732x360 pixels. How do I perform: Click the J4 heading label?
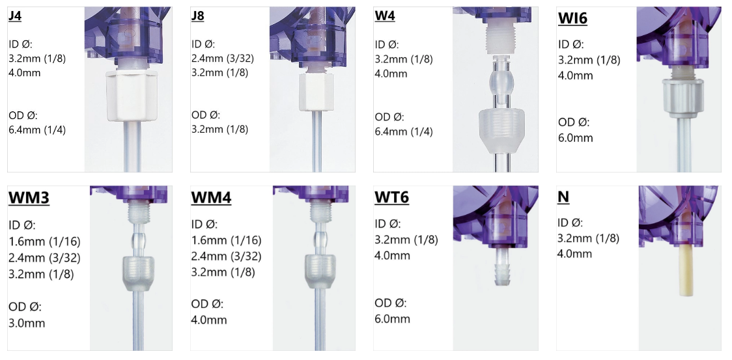[15, 16]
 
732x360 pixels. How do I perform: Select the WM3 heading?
[29, 197]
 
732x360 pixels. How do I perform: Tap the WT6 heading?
[391, 197]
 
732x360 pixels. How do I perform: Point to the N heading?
[563, 197]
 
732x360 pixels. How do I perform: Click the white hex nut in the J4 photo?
[131, 95]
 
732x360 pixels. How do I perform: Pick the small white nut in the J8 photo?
[316, 92]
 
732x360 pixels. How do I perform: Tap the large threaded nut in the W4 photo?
[502, 131]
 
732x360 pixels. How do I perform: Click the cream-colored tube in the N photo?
[686, 271]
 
